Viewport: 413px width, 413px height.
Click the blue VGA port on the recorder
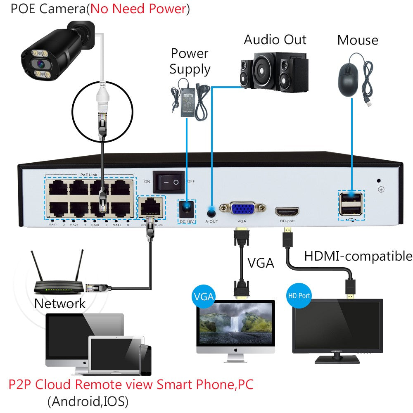click(242, 209)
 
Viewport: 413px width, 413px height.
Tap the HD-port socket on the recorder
click(287, 212)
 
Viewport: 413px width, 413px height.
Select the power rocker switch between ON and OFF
click(169, 182)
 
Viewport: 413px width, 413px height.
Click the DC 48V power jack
click(187, 208)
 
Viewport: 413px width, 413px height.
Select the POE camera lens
click(40, 64)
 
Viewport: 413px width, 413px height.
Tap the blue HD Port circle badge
click(298, 296)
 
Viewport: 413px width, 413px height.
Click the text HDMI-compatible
click(358, 256)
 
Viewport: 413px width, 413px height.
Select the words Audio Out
click(275, 40)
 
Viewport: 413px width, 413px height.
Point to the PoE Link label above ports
click(90, 175)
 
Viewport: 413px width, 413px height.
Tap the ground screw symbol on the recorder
click(381, 190)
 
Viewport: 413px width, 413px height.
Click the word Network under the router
click(60, 304)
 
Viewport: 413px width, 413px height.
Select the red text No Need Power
click(138, 9)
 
